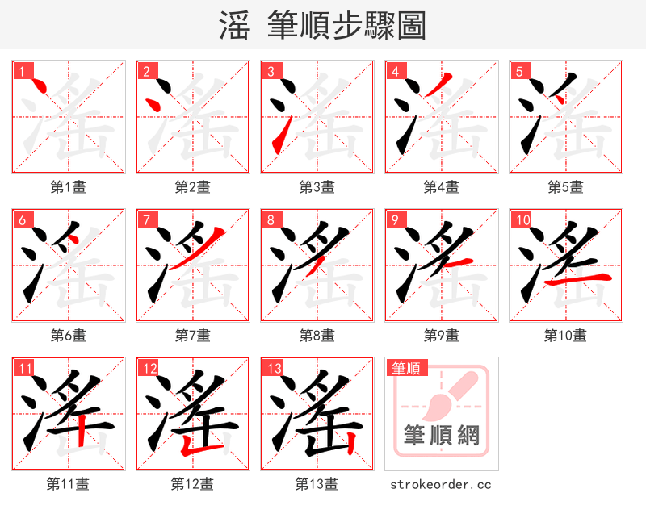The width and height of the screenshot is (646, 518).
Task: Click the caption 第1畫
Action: (69, 187)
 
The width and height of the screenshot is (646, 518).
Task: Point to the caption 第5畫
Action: (565, 187)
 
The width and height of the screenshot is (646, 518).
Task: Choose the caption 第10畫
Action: (565, 336)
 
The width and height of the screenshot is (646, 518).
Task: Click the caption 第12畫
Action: (192, 484)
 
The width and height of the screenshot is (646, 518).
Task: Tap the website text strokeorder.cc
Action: (441, 484)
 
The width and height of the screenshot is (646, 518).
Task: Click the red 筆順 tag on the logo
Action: (405, 369)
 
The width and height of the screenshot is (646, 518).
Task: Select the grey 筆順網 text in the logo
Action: (442, 437)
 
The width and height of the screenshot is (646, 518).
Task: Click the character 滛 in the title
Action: (234, 26)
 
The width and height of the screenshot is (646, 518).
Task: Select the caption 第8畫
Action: (317, 336)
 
